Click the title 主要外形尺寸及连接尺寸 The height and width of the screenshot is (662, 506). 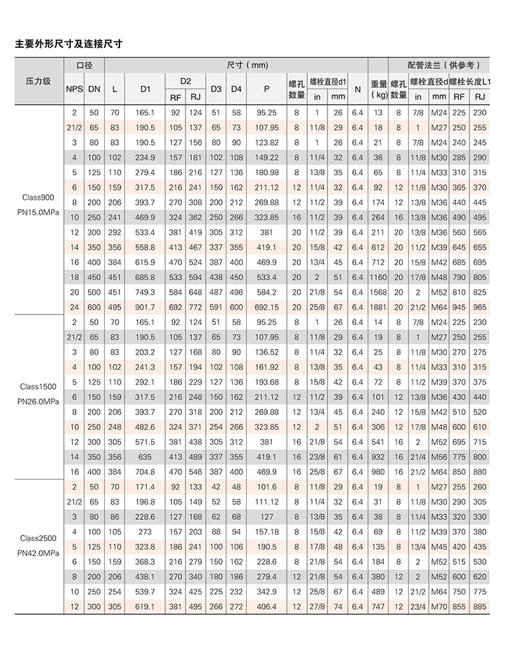click(x=69, y=44)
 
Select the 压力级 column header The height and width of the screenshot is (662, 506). click(x=38, y=81)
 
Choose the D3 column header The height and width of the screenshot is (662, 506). click(x=216, y=89)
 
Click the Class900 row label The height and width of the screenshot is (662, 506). click(x=38, y=198)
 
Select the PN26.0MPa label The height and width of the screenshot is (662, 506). click(x=38, y=401)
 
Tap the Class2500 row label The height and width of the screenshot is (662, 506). click(x=38, y=538)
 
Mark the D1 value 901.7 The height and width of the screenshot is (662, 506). click(x=145, y=307)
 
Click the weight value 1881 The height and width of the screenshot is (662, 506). click(x=379, y=307)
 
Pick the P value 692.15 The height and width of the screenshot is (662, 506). click(x=267, y=307)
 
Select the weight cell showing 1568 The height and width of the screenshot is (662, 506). click(x=379, y=291)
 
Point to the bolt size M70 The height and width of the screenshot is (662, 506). click(x=439, y=606)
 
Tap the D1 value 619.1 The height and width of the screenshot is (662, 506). click(x=145, y=606)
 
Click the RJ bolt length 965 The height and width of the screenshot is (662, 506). click(x=481, y=307)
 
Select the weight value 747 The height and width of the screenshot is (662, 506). click(x=379, y=606)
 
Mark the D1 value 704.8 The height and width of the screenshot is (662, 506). click(x=145, y=472)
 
